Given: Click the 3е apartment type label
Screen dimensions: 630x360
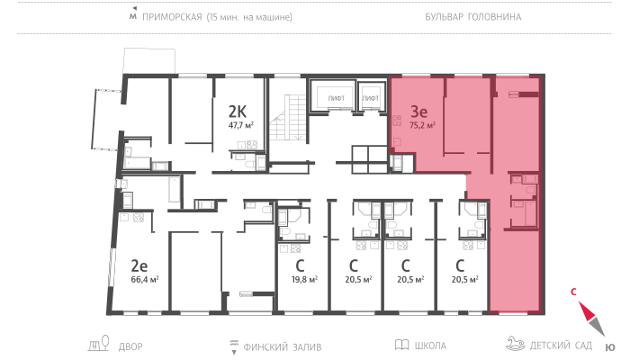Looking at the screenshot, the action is point(418,111).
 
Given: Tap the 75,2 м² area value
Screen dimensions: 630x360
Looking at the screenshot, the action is point(422,125).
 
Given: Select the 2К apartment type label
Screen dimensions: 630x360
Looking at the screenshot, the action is point(237,111).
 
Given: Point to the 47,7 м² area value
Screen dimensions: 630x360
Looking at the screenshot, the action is point(240,125).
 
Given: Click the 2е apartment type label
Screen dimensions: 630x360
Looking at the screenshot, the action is point(139,265).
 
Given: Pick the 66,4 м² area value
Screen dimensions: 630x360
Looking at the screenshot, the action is point(145,279).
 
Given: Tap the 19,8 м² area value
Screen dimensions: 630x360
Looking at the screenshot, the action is point(304,279).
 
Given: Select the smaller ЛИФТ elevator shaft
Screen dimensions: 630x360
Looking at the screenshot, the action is point(371,97).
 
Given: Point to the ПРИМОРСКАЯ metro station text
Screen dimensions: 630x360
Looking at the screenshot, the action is point(172,17).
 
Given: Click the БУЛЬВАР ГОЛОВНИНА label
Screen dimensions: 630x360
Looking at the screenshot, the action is point(472,17).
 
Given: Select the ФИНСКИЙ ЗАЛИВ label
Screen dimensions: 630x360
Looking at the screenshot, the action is point(283,346).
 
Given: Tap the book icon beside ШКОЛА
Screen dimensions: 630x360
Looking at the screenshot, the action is point(401,345).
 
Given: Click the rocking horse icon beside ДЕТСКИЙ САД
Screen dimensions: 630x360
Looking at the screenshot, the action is point(515,344).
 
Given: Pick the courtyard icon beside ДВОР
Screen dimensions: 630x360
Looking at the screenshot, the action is point(99,344).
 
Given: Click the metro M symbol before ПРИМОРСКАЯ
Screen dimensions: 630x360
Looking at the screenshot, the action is point(133,14).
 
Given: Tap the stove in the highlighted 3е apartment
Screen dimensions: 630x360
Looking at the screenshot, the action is point(397,121).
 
